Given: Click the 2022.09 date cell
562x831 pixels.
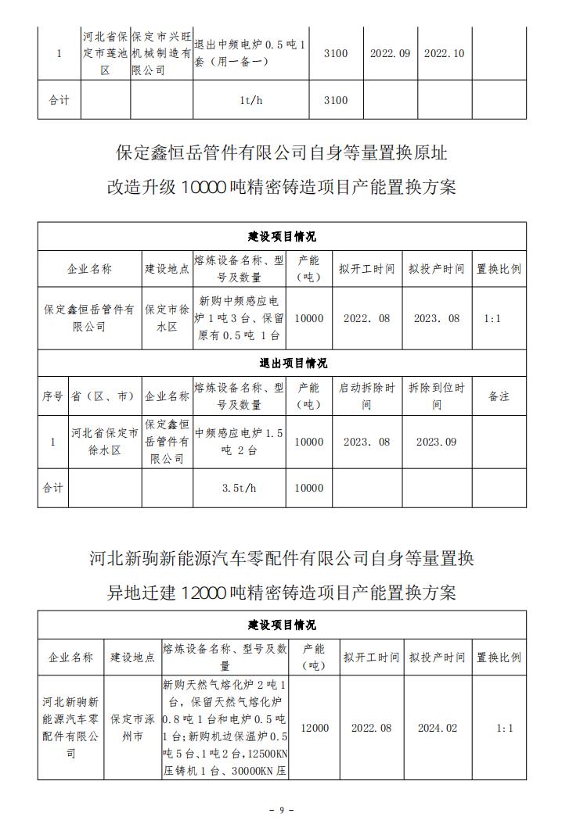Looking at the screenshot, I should (391, 53).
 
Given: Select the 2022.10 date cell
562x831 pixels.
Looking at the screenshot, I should (444, 53).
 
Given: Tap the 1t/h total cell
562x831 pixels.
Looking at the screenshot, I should (250, 100).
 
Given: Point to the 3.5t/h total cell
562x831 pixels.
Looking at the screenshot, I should (240, 488).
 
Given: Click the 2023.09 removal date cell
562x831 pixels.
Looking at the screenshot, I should (436, 442).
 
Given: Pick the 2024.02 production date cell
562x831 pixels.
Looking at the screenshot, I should (436, 728).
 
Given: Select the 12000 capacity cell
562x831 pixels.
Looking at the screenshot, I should (314, 728).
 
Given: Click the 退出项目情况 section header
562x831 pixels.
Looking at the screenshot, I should (282, 363).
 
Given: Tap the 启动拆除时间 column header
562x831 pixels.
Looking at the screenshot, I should (367, 396).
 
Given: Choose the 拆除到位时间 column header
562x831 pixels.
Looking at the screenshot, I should (436, 396).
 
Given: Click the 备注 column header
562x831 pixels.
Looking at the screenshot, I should (499, 396).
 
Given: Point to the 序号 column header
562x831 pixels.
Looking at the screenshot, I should (52, 396).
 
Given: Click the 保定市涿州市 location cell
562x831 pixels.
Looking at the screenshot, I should (132, 728).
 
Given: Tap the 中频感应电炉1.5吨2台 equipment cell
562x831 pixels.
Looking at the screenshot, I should (240, 442).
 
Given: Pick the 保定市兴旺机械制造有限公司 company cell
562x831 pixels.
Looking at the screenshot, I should (161, 53).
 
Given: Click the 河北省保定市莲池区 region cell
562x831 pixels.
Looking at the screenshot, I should (105, 53).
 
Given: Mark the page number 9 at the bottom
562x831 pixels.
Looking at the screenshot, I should (281, 810).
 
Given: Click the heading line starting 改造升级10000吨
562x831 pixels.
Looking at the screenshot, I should (281, 188).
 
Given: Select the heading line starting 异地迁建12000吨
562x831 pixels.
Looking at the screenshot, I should (281, 593).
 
